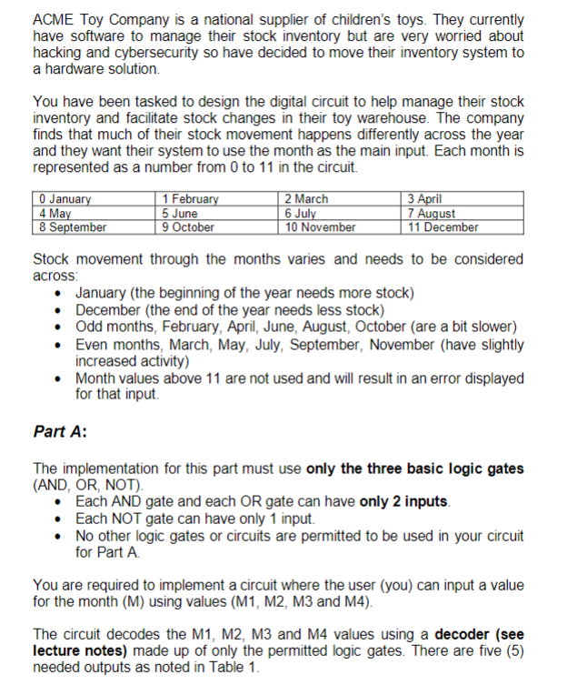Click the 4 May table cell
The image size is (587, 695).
[x=54, y=213]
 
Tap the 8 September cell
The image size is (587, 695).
[x=73, y=227]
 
